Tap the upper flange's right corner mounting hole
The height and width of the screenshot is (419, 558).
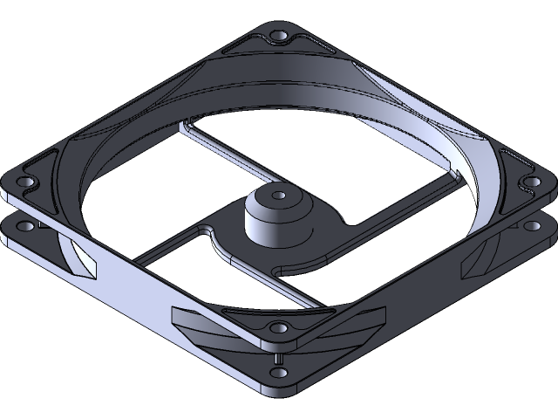527,182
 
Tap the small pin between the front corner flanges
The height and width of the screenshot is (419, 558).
278,357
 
